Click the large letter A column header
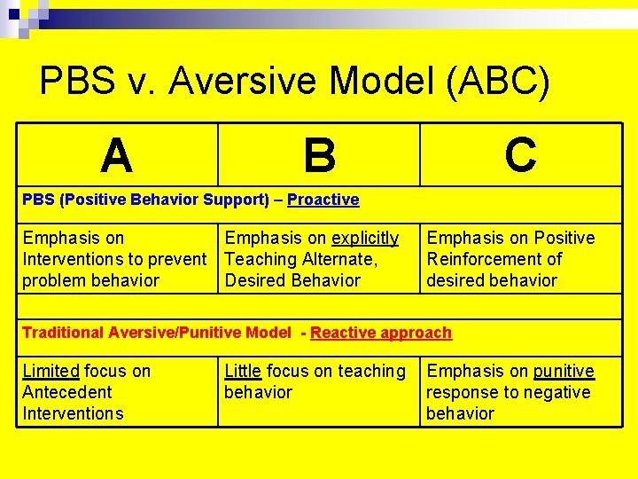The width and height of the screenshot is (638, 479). click(117, 155)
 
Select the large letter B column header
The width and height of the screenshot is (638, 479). click(319, 155)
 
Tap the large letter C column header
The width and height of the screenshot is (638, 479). click(520, 154)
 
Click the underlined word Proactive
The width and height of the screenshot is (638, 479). click(323, 200)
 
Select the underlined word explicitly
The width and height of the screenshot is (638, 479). click(365, 238)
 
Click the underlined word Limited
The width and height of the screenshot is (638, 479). click(51, 371)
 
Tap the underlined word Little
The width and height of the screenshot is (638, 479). click(243, 371)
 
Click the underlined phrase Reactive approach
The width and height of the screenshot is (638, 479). click(381, 333)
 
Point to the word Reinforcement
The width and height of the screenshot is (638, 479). click(494, 259)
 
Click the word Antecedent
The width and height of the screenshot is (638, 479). click(67, 392)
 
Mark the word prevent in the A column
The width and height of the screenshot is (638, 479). click(177, 259)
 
